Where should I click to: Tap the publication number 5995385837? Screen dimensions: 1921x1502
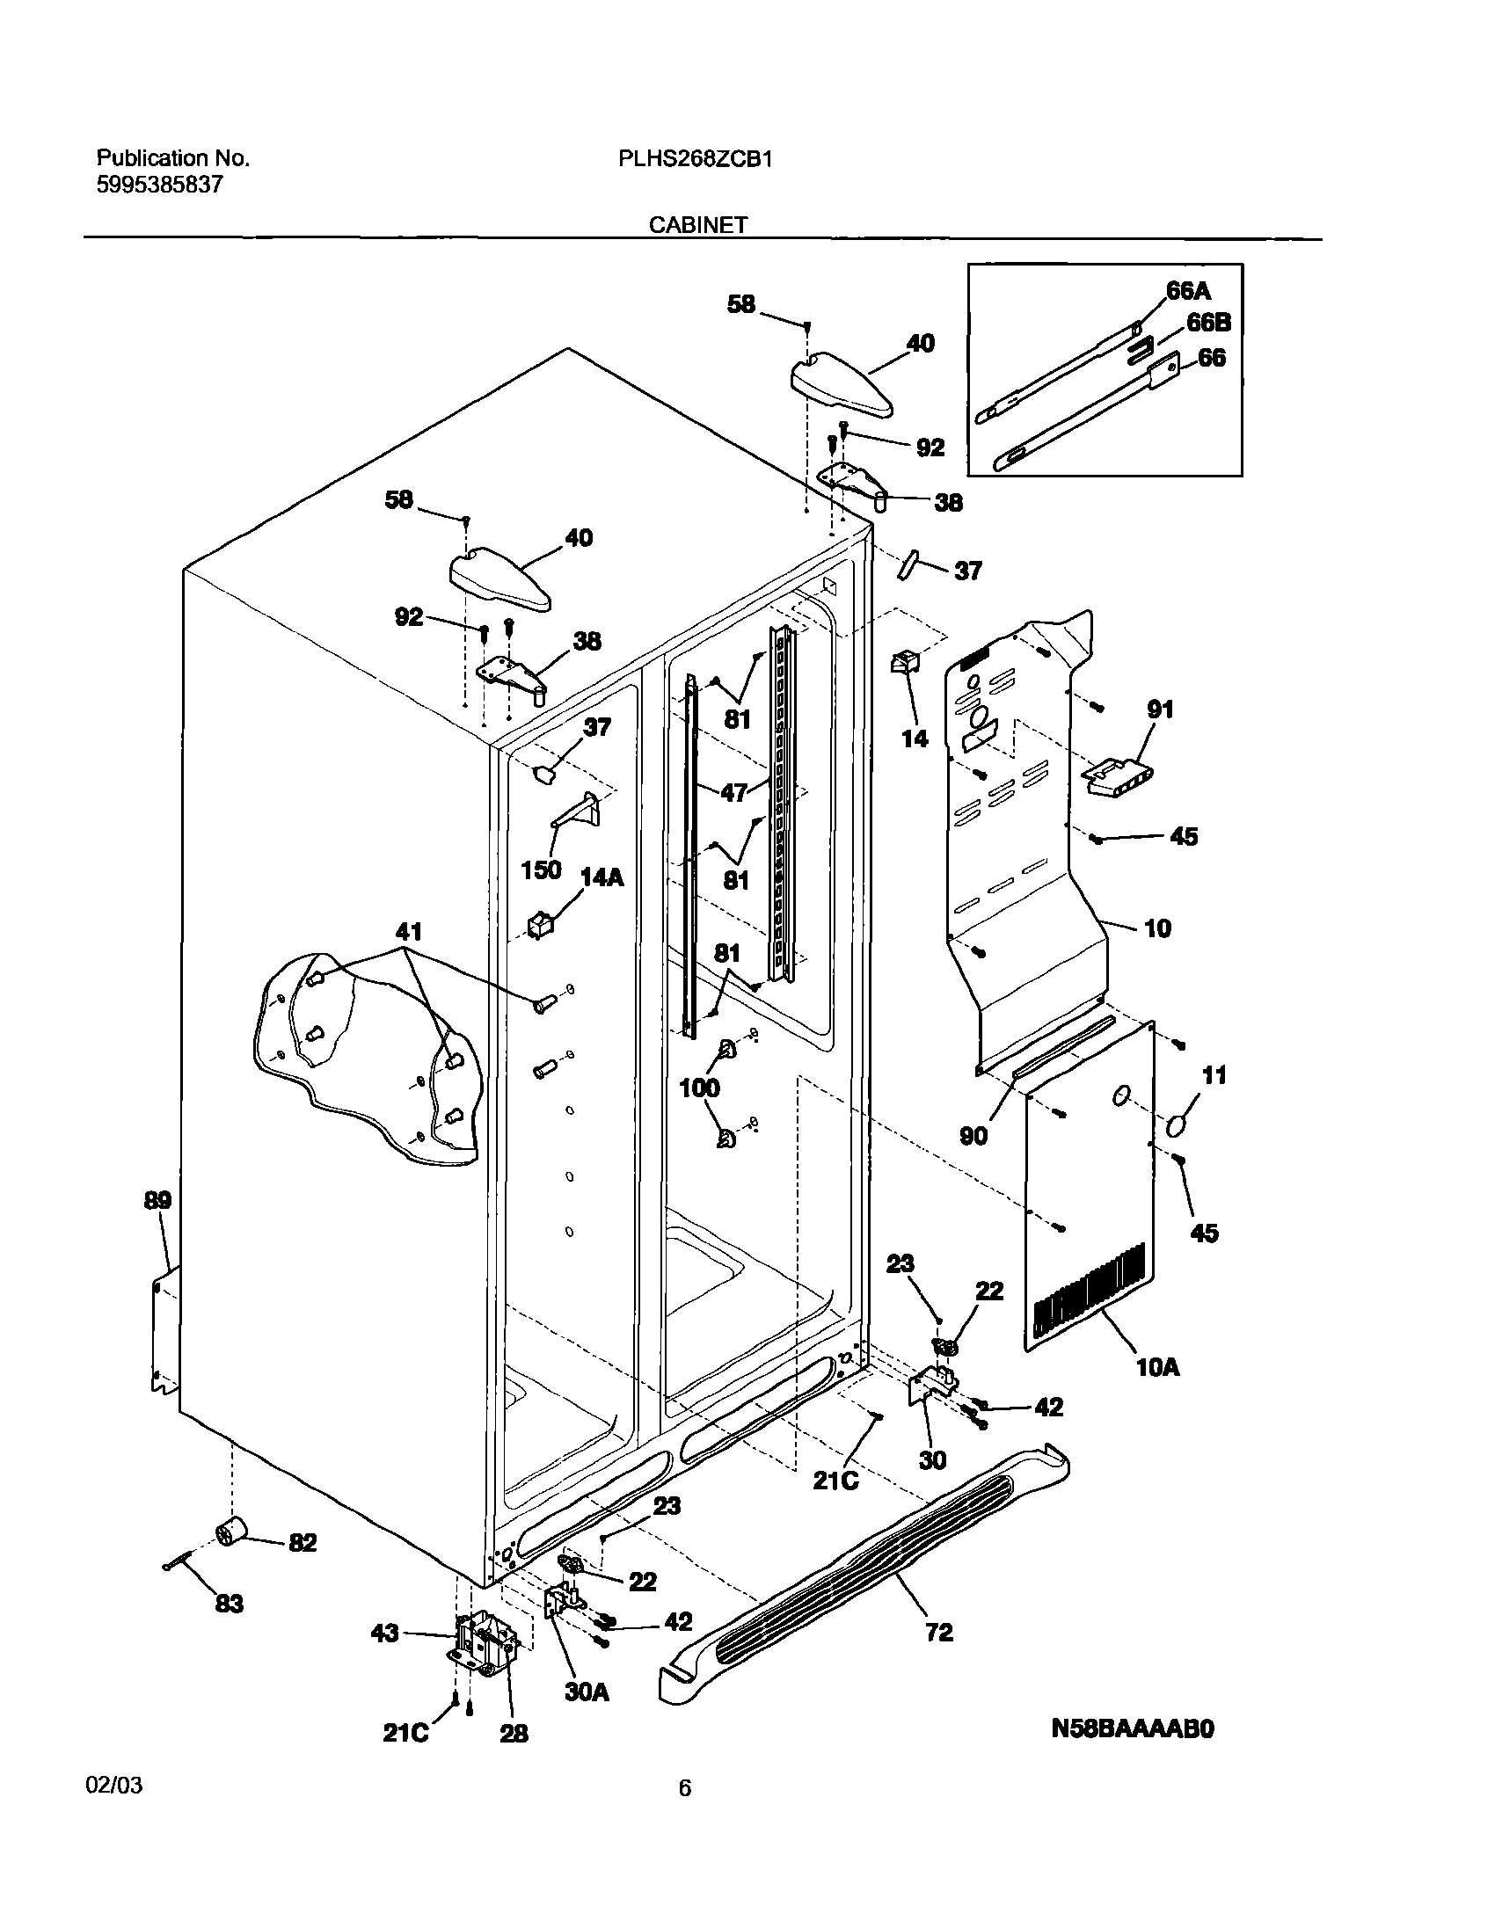click(x=159, y=185)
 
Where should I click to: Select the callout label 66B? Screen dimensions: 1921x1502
click(x=1208, y=323)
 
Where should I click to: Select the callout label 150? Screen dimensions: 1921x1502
click(x=540, y=870)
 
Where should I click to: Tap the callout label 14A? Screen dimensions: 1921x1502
click(x=602, y=877)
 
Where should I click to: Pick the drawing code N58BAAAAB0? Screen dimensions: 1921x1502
click(x=1133, y=1729)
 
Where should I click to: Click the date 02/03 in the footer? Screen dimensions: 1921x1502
click(x=114, y=1786)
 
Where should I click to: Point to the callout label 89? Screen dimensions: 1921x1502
click(x=158, y=1201)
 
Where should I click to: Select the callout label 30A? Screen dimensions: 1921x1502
click(x=587, y=1692)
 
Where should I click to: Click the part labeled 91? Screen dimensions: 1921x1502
click(x=1116, y=776)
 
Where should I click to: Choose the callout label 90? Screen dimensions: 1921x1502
click(x=973, y=1136)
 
